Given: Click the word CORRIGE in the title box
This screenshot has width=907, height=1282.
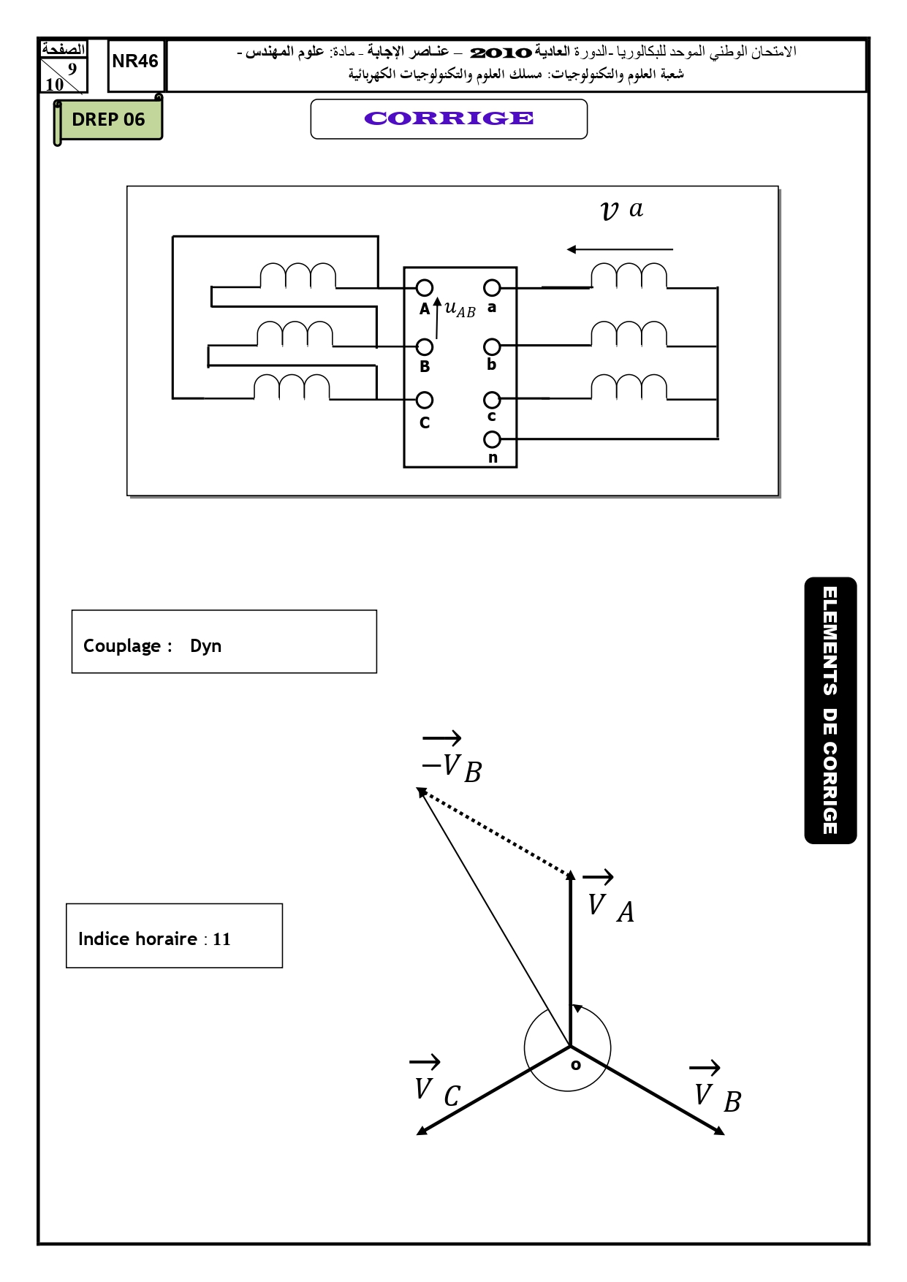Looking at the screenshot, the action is tap(449, 118).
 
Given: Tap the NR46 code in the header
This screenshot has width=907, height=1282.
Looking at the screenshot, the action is tap(135, 61).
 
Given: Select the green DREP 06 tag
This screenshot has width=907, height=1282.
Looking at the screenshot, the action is tap(108, 120).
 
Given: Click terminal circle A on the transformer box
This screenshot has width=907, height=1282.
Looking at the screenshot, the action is tap(425, 288).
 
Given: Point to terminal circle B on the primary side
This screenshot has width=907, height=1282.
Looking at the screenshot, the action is tap(425, 346).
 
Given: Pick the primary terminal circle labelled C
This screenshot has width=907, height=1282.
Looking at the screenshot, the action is tap(425, 400).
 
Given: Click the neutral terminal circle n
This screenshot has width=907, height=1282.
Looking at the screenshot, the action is tap(492, 439).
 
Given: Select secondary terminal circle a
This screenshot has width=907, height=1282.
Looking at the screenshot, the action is tap(492, 288).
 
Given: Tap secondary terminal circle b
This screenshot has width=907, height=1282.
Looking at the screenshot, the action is tap(492, 346).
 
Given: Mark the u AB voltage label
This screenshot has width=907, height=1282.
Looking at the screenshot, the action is tap(460, 309).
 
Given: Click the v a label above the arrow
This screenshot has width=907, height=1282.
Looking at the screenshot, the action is tap(621, 210).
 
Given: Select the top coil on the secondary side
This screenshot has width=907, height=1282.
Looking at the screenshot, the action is tap(629, 276).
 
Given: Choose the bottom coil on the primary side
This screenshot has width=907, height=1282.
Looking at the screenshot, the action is tap(292, 387).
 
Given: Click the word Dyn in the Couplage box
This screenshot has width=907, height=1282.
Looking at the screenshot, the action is tap(205, 646).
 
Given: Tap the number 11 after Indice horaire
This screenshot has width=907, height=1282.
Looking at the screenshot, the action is tap(221, 939).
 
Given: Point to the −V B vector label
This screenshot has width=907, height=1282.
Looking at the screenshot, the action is tap(452, 758).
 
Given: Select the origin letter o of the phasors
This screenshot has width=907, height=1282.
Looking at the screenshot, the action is tap(576, 1065).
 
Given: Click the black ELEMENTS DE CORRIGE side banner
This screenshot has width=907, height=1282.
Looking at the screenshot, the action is tap(830, 710).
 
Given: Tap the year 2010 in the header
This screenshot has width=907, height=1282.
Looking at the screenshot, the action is tap(501, 53).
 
